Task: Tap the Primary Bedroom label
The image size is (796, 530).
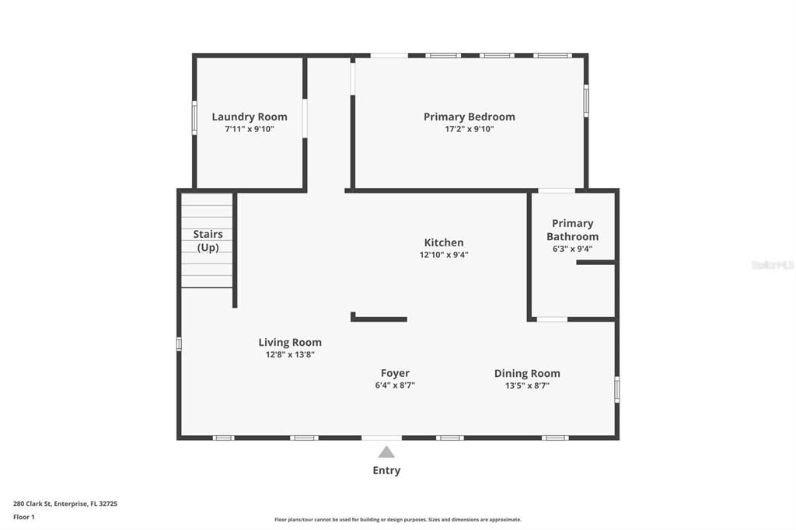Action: pos(469,117)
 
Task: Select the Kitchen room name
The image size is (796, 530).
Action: pos(444,242)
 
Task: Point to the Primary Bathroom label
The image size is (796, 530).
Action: pos(572,230)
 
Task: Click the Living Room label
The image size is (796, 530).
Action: pos(290,342)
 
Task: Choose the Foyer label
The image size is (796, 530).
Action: pos(395,373)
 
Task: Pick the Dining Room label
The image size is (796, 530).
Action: pos(527,373)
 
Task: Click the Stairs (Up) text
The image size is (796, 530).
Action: pos(208,241)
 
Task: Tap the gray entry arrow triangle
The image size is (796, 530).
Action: pos(386,452)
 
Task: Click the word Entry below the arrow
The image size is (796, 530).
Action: pos(386,470)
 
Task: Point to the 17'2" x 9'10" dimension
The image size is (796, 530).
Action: pos(469,130)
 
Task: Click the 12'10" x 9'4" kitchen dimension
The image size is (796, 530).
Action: pos(444,255)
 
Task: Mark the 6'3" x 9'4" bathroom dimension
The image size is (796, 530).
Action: pos(572,249)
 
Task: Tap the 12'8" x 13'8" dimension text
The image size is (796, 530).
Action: pos(290,354)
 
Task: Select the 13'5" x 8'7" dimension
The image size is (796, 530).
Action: pos(527,385)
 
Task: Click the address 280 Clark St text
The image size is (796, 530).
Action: pos(65,504)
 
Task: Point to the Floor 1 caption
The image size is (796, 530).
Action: pos(24,517)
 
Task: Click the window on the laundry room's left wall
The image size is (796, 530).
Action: pos(194,118)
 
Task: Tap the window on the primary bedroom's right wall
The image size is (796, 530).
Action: pos(586,100)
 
